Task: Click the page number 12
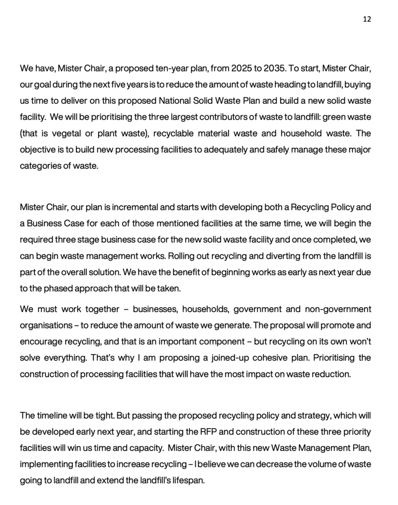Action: [367, 19]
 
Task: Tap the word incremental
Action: [133, 206]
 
